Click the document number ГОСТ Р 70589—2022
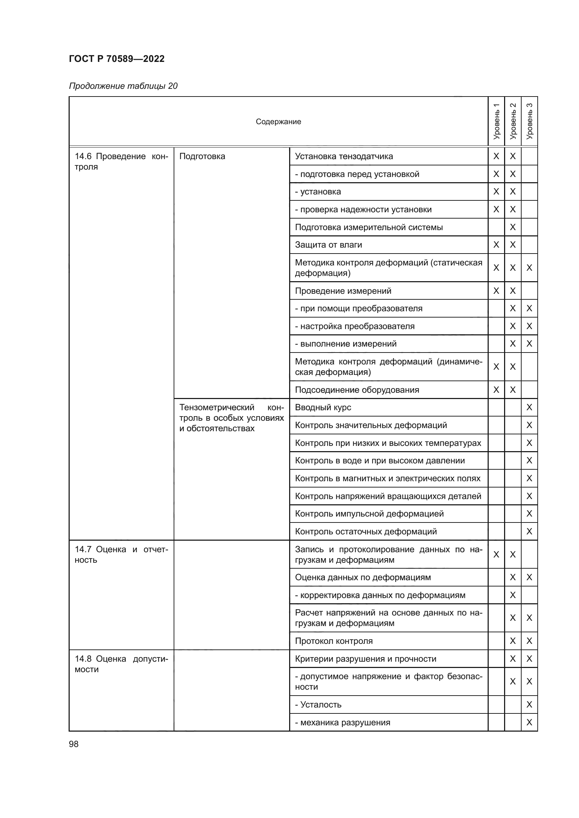click(x=117, y=59)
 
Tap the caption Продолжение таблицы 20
click(x=123, y=86)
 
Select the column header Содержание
click(x=278, y=121)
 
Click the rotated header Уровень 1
click(x=496, y=121)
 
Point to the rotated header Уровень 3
click(x=529, y=121)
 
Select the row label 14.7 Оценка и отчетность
click(x=121, y=554)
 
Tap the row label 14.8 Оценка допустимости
click(x=121, y=664)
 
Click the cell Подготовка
click(x=202, y=156)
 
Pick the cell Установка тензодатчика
click(x=344, y=156)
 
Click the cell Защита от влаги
click(x=328, y=245)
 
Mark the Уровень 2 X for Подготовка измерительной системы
click(x=513, y=227)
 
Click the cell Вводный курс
click(x=323, y=407)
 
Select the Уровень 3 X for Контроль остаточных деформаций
click(x=529, y=531)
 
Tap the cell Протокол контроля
click(x=334, y=641)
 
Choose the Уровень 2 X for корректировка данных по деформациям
click(x=513, y=595)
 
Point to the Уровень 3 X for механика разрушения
click(x=529, y=722)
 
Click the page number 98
click(x=74, y=744)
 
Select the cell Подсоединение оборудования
click(x=357, y=390)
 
